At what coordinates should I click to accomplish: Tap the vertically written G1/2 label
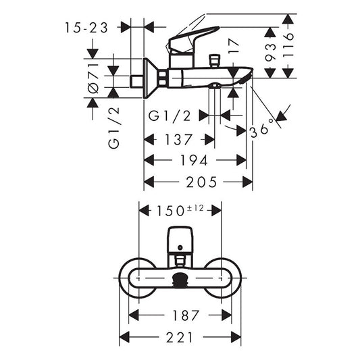click(x=113, y=128)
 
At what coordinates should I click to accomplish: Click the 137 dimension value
click(x=179, y=140)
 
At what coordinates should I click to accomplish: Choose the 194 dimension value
click(x=194, y=161)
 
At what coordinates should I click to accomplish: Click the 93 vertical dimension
click(x=270, y=51)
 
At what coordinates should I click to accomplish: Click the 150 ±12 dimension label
click(x=180, y=210)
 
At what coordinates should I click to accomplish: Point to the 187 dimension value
click(x=180, y=315)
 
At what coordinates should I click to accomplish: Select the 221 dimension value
click(x=180, y=336)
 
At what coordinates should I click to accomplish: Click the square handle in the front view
click(x=180, y=238)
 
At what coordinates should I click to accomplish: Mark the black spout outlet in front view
click(x=180, y=281)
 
